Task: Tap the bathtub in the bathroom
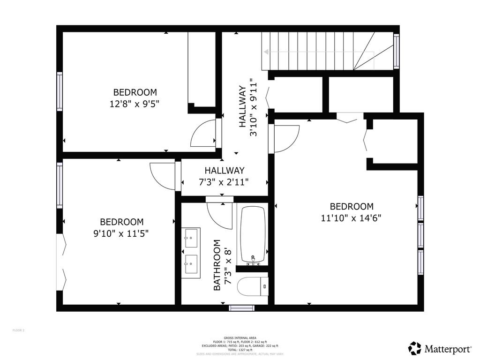tap(253, 235)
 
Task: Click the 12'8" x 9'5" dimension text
tap(135, 104)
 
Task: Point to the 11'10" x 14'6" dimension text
tap(352, 218)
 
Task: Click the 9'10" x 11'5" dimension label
tap(121, 233)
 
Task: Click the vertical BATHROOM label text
tap(217, 265)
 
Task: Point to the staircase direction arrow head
tap(266, 52)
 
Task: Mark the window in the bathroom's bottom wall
tap(242, 308)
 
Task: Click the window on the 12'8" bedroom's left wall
tap(60, 91)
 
